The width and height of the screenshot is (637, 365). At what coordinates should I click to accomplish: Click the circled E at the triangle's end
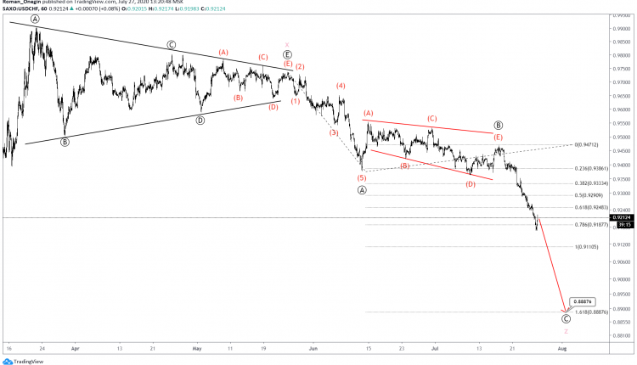click(288, 54)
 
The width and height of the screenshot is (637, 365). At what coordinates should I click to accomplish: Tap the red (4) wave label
click(341, 86)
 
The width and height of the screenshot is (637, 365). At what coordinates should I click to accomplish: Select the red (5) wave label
click(362, 177)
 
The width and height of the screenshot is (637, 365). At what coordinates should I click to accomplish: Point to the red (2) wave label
click(301, 66)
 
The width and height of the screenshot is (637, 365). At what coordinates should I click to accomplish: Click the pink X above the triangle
click(288, 44)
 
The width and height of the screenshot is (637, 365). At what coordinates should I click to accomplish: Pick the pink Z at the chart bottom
click(566, 331)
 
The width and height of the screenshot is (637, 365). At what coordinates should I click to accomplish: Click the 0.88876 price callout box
click(583, 301)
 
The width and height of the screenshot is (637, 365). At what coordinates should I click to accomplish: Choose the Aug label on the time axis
click(561, 348)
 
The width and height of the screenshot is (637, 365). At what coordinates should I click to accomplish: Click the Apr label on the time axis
click(75, 348)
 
